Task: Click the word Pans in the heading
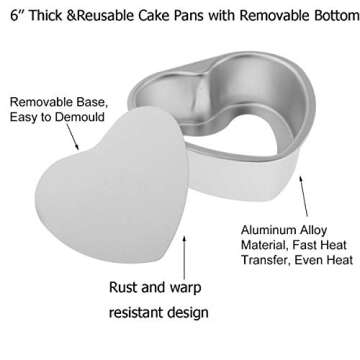tap(204, 14)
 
